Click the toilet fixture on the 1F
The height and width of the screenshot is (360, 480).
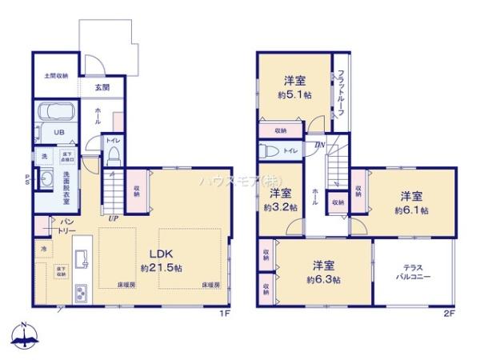[114, 153]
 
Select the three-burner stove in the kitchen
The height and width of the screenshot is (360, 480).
[81, 293]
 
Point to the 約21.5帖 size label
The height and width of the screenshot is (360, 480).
[157, 266]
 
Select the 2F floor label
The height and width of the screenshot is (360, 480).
[449, 314]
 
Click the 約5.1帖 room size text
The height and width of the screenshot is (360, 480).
[294, 94]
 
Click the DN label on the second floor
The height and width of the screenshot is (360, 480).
[319, 145]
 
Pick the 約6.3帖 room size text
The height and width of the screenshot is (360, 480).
[322, 279]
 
